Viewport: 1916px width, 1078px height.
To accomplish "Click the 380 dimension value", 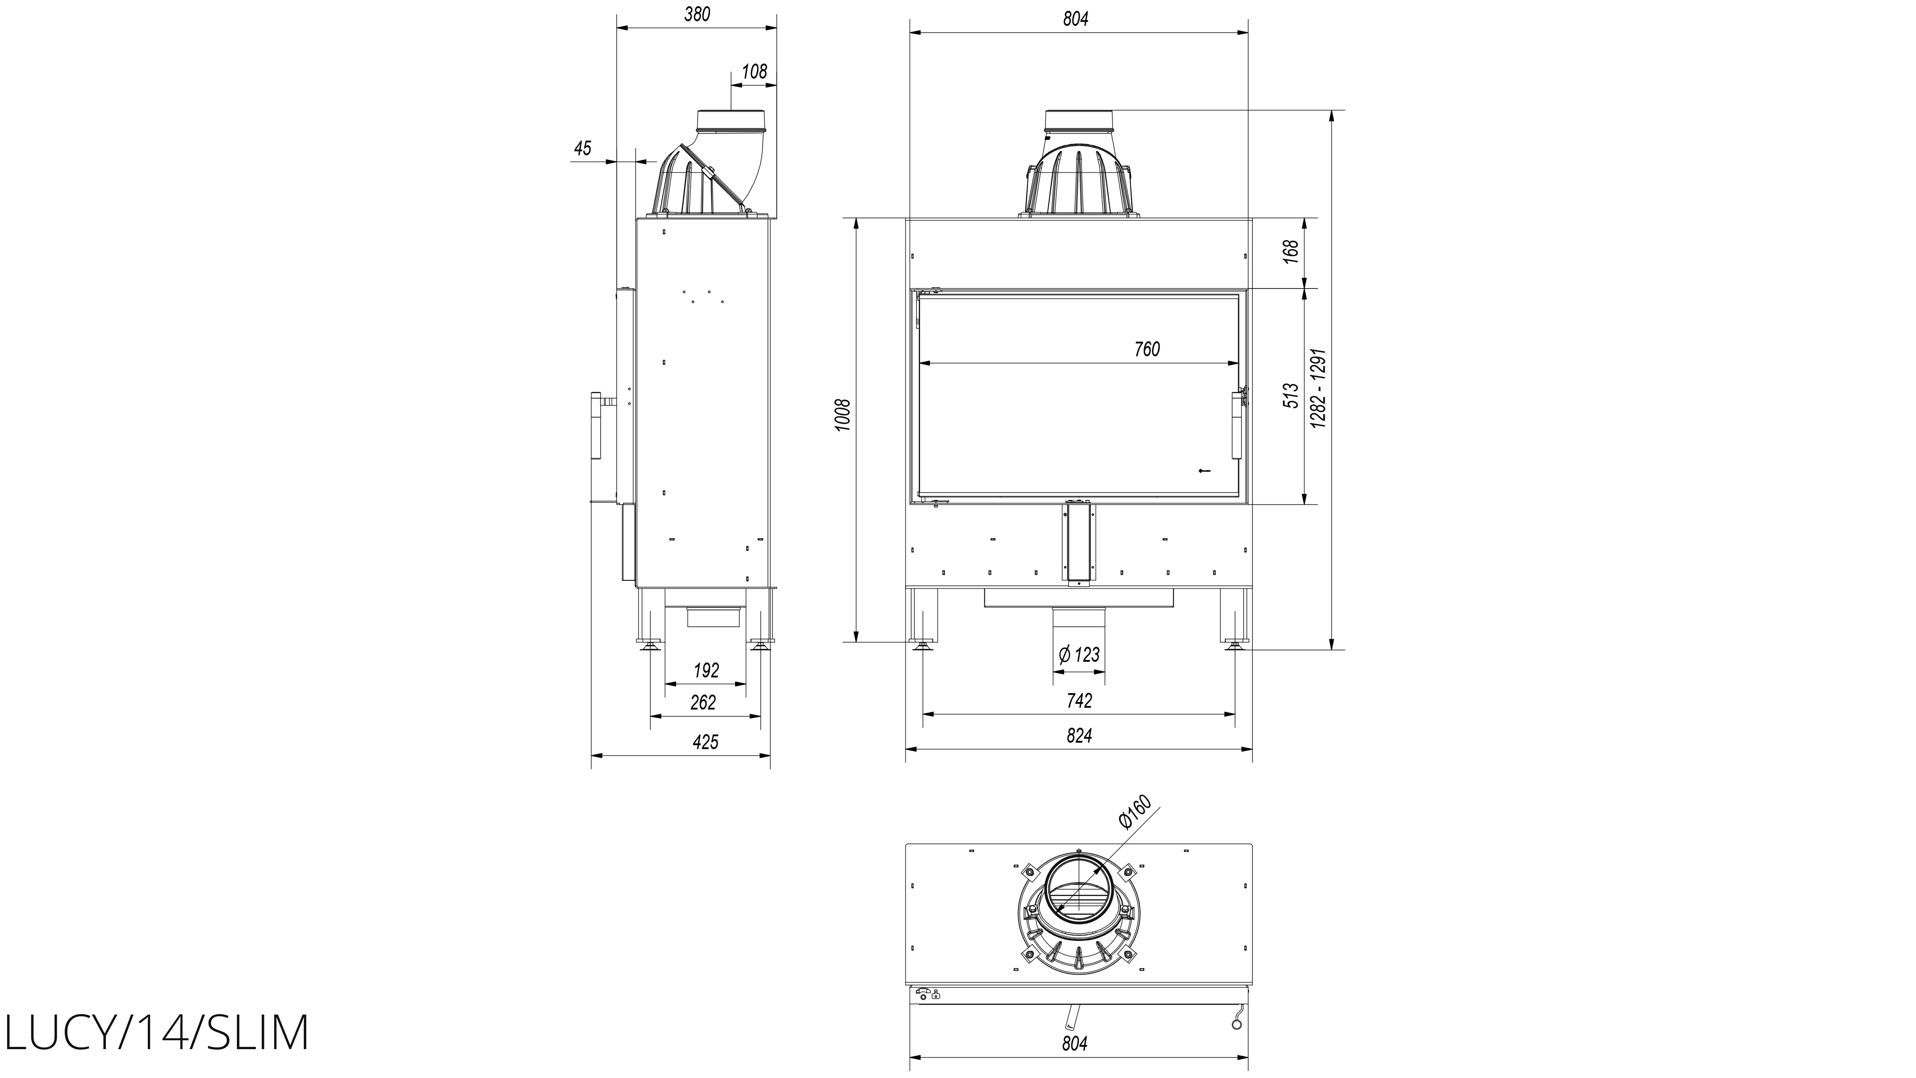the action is (x=697, y=14).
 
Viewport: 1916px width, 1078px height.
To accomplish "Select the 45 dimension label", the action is (x=582, y=148).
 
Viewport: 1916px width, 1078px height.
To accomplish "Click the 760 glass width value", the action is (x=1147, y=349).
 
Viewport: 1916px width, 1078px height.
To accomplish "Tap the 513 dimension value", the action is (x=1292, y=395).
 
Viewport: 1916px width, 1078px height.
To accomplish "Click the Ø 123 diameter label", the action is (x=1078, y=655).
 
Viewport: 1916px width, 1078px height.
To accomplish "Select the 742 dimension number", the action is (x=1079, y=701).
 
